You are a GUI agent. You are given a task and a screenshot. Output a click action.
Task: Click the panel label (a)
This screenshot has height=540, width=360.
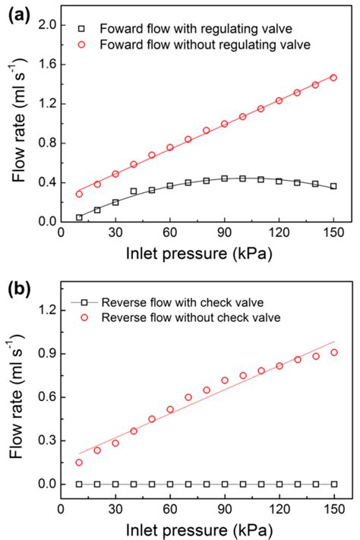pyautogui.click(x=17, y=14)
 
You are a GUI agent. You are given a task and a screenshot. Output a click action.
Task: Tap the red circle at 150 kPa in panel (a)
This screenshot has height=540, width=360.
pyautogui.click(x=333, y=77)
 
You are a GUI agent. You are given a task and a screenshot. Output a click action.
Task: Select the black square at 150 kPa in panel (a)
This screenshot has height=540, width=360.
pyautogui.click(x=333, y=186)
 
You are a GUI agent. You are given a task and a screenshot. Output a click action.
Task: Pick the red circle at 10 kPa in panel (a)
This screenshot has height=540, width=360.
pyautogui.click(x=79, y=194)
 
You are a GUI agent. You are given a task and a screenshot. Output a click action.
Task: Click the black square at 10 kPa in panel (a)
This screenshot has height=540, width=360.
pyautogui.click(x=79, y=218)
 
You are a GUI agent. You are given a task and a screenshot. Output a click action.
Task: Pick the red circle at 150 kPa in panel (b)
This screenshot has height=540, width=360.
pyautogui.click(x=333, y=352)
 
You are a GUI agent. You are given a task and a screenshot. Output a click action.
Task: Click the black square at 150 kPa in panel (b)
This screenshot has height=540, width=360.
pyautogui.click(x=333, y=484)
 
